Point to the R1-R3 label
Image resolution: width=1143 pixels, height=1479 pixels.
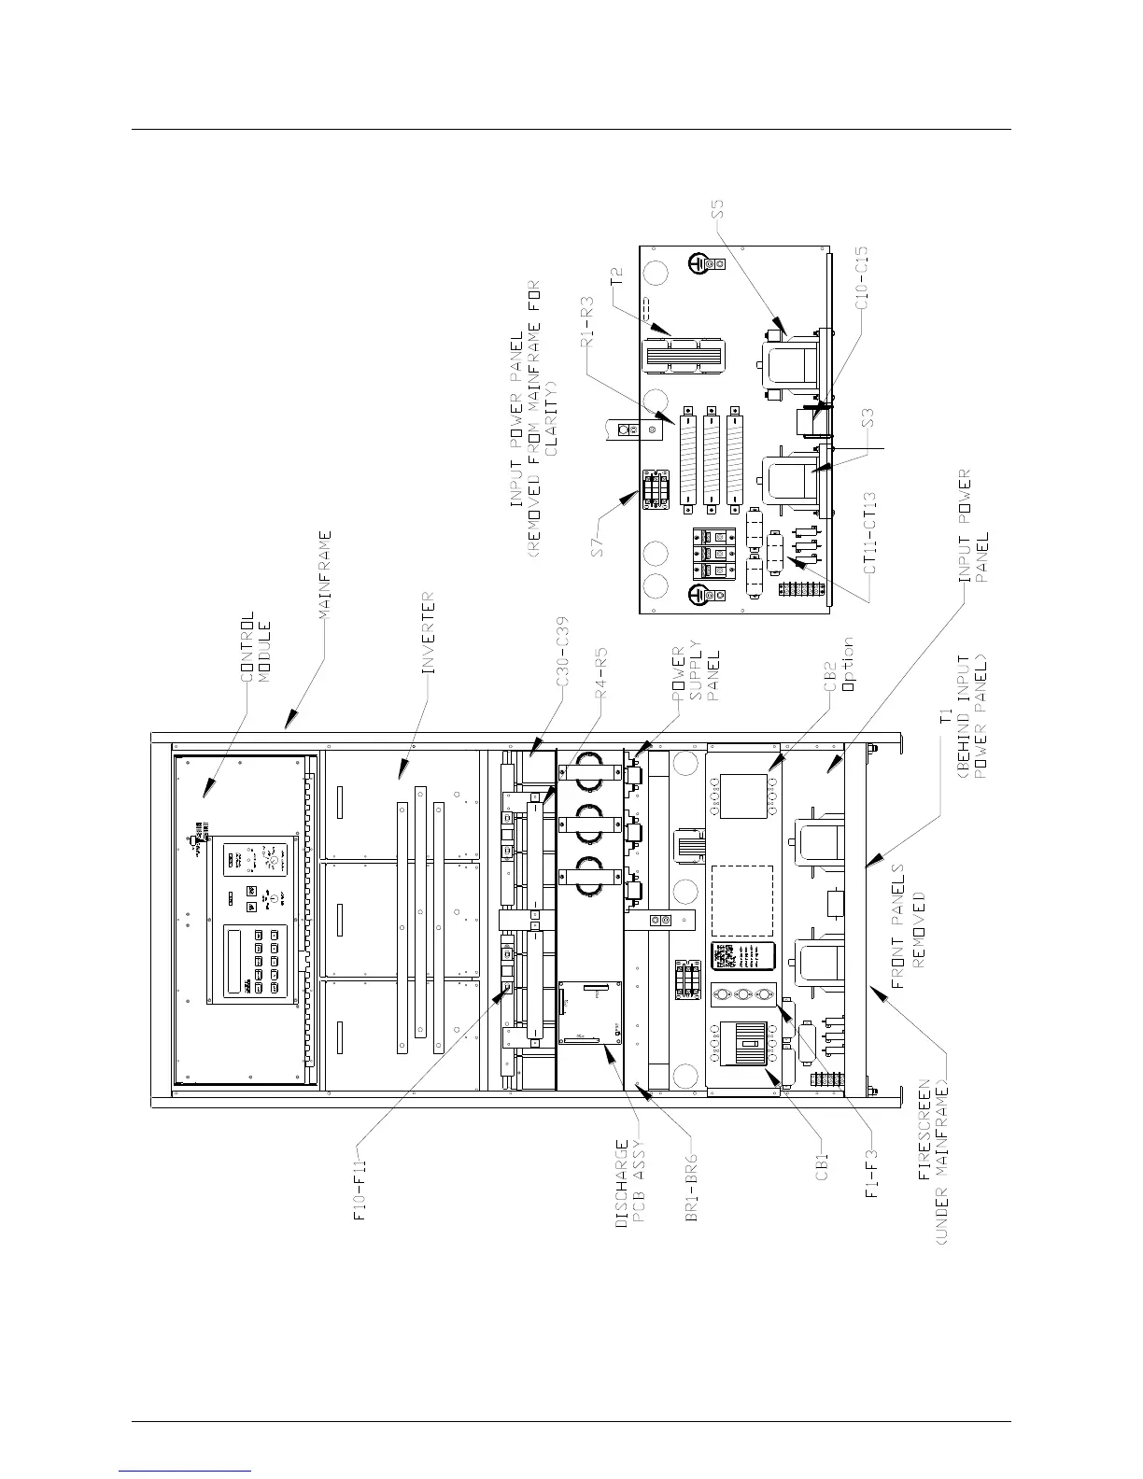point(588,322)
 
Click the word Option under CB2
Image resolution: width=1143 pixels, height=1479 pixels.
point(848,664)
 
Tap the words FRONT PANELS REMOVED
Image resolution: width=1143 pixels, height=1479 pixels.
point(910,930)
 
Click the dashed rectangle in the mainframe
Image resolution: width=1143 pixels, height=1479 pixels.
point(742,900)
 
